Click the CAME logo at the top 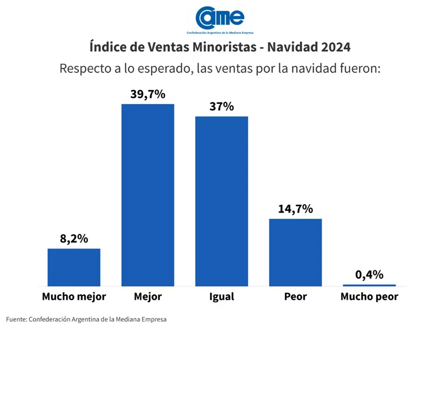coord(220,19)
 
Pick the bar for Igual coord(222,201)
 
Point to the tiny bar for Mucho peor coord(369,285)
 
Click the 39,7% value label coord(148,94)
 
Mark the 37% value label coord(222,106)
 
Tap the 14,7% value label coord(296,209)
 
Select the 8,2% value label coord(74,239)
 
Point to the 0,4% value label coord(369,274)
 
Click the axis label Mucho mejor coord(74,297)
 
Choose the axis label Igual coord(222,297)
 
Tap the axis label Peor coord(296,297)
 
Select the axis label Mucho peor coord(369,297)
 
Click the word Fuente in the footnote coord(16,319)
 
